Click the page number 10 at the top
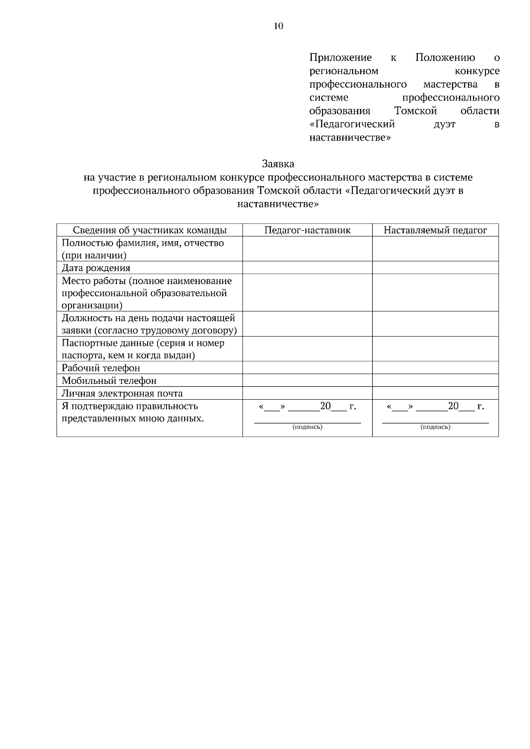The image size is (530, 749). (278, 26)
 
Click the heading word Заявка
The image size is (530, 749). (278, 164)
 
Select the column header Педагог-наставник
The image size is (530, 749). (307, 230)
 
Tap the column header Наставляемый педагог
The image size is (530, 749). (435, 230)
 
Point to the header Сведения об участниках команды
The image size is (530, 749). (150, 230)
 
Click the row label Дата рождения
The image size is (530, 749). (96, 268)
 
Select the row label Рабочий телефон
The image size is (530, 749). (101, 368)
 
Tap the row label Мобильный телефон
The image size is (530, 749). (109, 381)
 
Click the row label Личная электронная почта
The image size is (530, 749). (122, 393)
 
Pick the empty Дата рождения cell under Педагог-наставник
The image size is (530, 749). (307, 268)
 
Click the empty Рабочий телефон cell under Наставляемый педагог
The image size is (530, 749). (435, 368)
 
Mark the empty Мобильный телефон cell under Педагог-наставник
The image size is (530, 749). (307, 381)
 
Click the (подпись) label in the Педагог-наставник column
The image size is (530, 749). (307, 427)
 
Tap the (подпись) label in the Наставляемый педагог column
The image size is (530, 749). (435, 427)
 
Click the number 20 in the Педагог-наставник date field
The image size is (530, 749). (326, 406)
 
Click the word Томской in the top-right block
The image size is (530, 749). (416, 111)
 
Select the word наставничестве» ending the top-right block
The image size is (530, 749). (350, 138)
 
